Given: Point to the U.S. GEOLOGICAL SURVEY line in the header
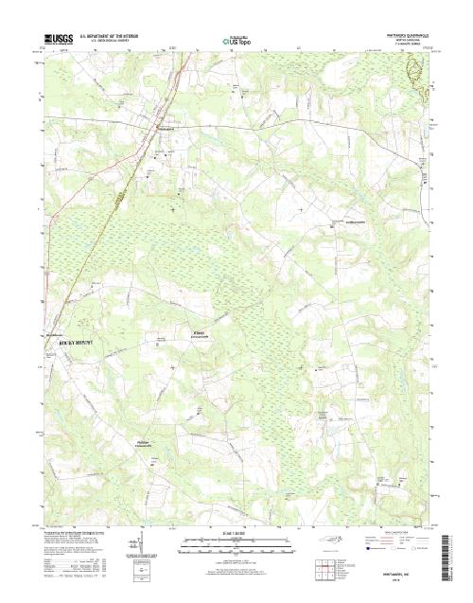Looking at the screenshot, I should pos(106,41).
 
